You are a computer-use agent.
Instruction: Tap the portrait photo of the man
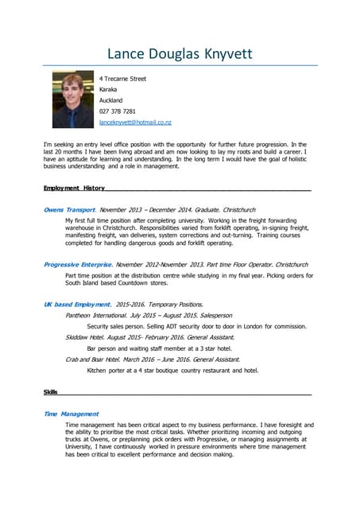tap(72, 99)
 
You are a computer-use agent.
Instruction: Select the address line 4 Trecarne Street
tap(122, 79)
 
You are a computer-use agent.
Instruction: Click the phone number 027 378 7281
tap(118, 111)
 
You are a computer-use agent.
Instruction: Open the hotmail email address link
tap(135, 122)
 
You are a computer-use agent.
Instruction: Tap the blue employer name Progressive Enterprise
tap(77, 264)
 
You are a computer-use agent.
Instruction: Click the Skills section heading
tap(51, 392)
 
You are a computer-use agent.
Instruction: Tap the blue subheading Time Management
tap(71, 414)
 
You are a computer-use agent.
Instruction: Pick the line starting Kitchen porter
tap(172, 371)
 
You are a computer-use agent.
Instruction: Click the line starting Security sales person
tap(196, 326)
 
